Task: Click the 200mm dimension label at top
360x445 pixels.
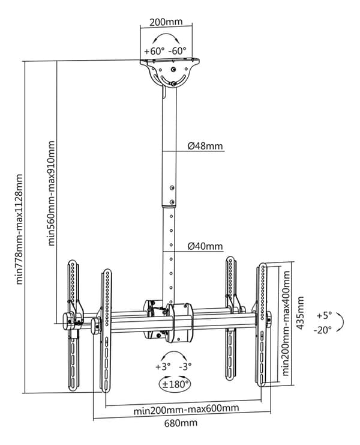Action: pyautogui.click(x=166, y=22)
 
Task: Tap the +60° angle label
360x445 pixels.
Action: pyautogui.click(x=154, y=51)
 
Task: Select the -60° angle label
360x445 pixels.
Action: pyautogui.click(x=178, y=51)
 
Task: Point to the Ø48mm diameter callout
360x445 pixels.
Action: pyautogui.click(x=205, y=146)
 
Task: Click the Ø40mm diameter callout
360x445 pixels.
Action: pyautogui.click(x=205, y=246)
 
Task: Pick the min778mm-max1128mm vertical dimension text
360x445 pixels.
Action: pyautogui.click(x=19, y=229)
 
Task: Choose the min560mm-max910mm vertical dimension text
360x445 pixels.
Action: pyautogui.click(x=52, y=193)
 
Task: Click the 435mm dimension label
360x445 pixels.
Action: pyautogui.click(x=300, y=313)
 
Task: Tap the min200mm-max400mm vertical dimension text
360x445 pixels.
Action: pyautogui.click(x=286, y=323)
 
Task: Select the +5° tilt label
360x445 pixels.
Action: pyautogui.click(x=324, y=315)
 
